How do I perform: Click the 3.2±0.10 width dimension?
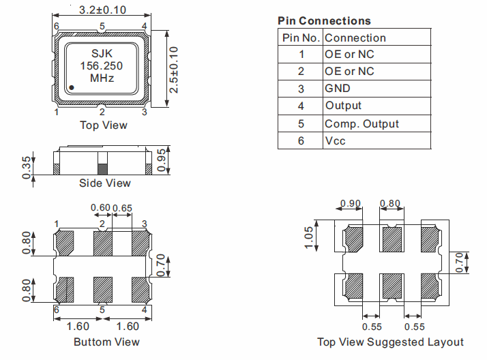pyautogui.click(x=102, y=10)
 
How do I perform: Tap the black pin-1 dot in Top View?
pyautogui.click(x=72, y=87)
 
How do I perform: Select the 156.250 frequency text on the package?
pyautogui.click(x=102, y=66)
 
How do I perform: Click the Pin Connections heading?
pyautogui.click(x=324, y=21)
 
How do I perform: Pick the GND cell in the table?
pyautogui.click(x=338, y=89)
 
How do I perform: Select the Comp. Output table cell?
pyautogui.click(x=361, y=124)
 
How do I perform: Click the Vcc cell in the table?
pyautogui.click(x=335, y=141)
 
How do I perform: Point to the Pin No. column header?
pyautogui.click(x=300, y=38)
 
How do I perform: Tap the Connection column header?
pyautogui.click(x=355, y=38)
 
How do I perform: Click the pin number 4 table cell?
pyautogui.click(x=301, y=106)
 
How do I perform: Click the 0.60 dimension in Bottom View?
pyautogui.click(x=101, y=207)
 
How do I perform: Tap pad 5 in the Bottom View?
pyautogui.click(x=102, y=290)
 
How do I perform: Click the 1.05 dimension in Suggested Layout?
pyautogui.click(x=309, y=238)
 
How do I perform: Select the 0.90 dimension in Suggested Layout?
pyautogui.click(x=351, y=203)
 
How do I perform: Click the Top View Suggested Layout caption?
pyautogui.click(x=390, y=342)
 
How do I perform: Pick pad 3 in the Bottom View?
pyautogui.click(x=141, y=242)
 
